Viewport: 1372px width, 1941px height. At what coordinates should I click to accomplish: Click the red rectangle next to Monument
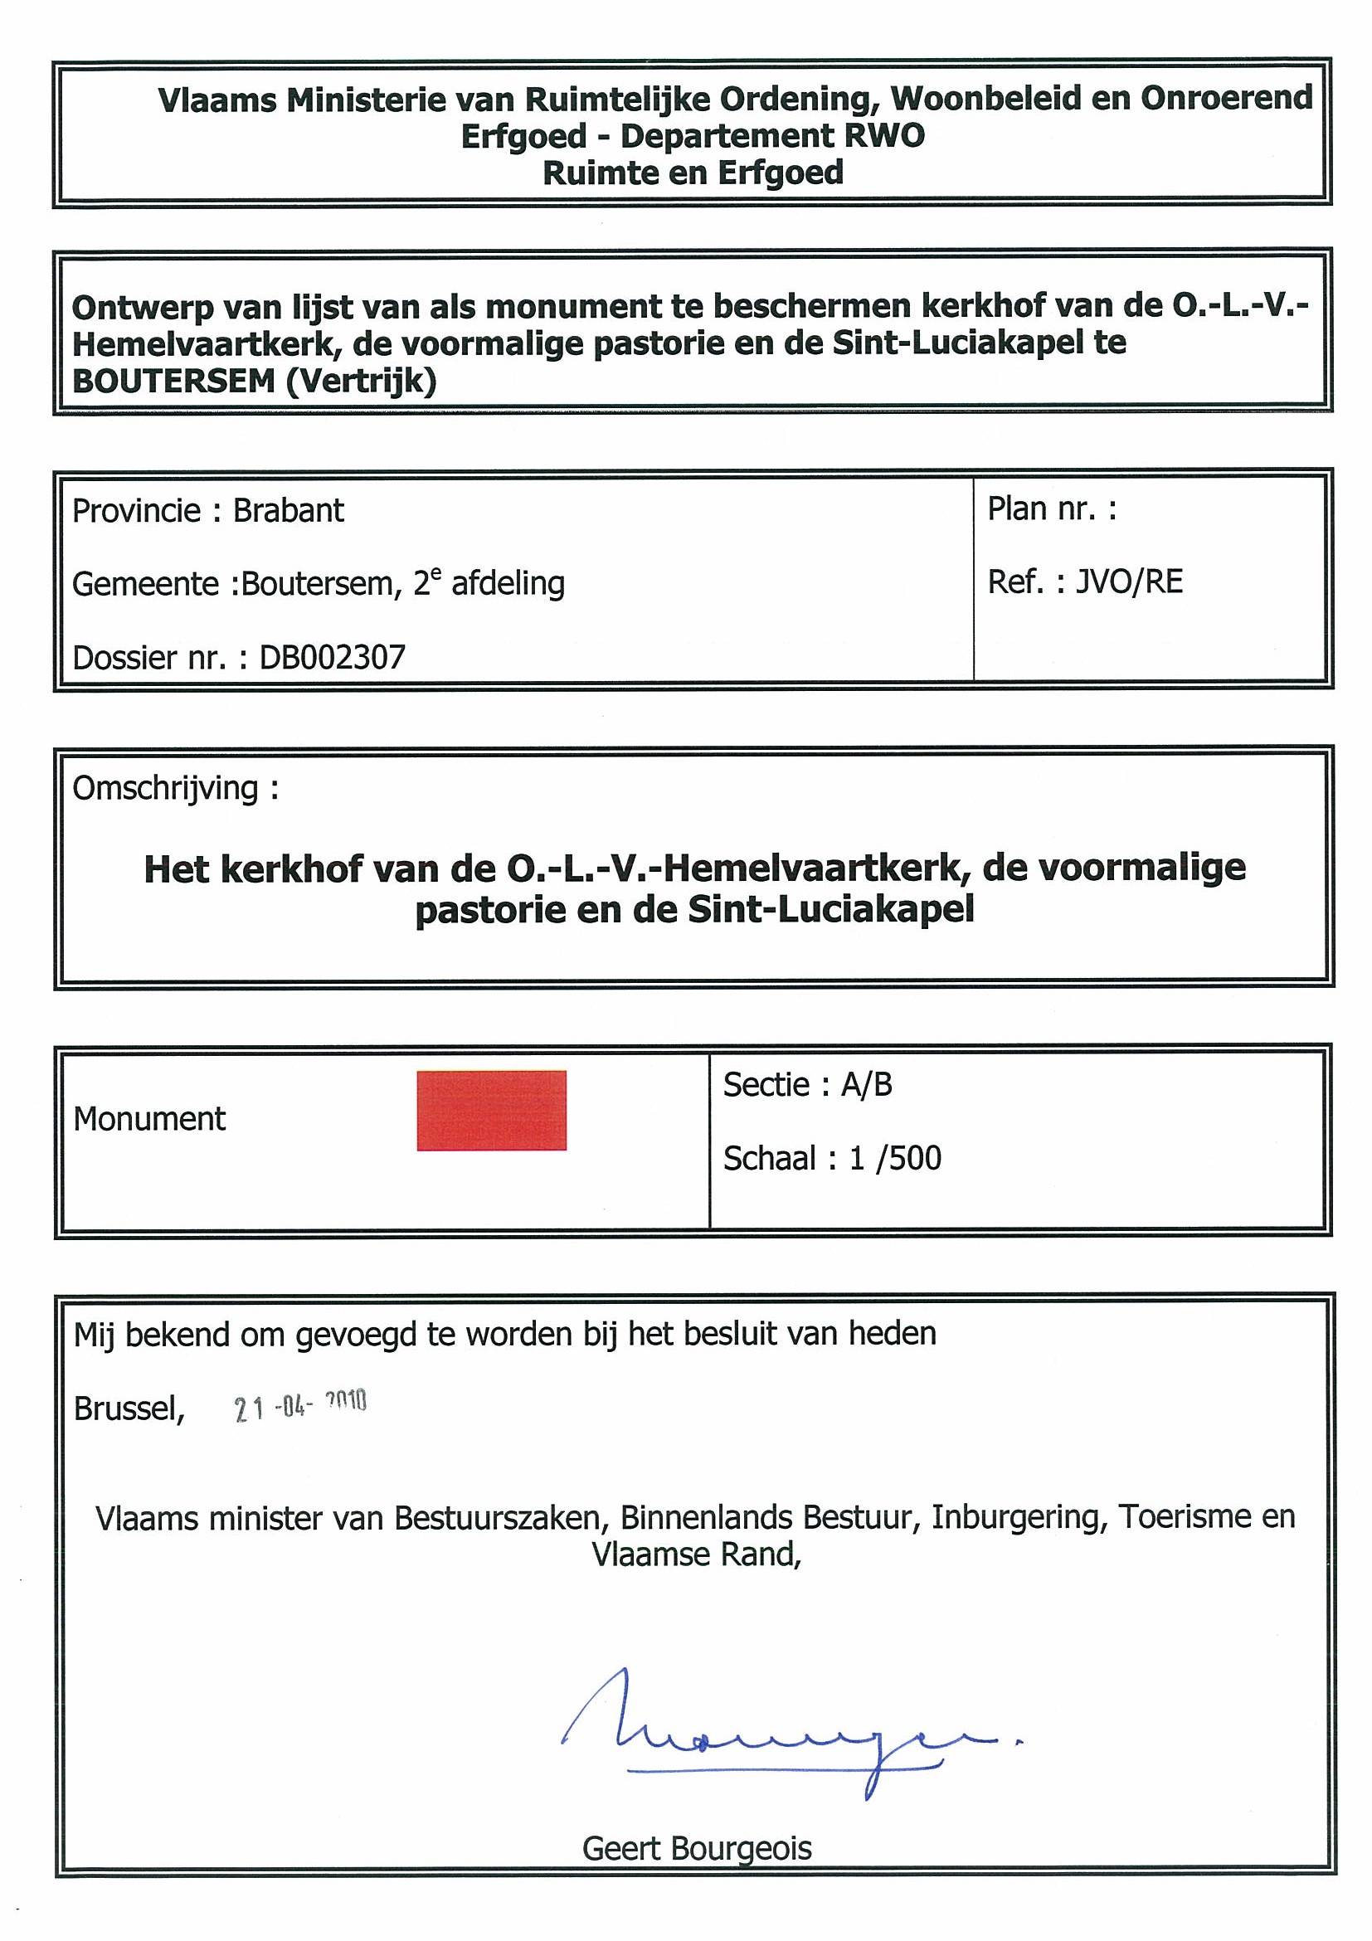point(491,1110)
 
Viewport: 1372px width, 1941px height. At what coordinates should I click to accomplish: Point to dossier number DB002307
point(333,657)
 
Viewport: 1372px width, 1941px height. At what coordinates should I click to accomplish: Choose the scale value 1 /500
point(895,1157)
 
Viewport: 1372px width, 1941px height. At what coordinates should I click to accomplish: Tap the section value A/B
point(866,1084)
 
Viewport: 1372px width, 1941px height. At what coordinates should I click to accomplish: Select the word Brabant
point(289,511)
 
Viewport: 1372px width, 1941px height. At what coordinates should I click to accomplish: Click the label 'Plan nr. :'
point(1052,508)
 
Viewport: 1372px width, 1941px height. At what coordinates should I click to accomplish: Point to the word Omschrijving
point(166,788)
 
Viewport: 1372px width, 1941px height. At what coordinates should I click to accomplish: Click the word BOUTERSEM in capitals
point(173,382)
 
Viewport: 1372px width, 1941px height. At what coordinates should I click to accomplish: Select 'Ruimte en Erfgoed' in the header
point(693,173)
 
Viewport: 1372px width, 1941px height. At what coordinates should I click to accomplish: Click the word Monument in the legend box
point(149,1118)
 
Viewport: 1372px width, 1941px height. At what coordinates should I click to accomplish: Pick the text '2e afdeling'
point(489,583)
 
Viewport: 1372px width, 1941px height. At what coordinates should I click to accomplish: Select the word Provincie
point(136,511)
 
